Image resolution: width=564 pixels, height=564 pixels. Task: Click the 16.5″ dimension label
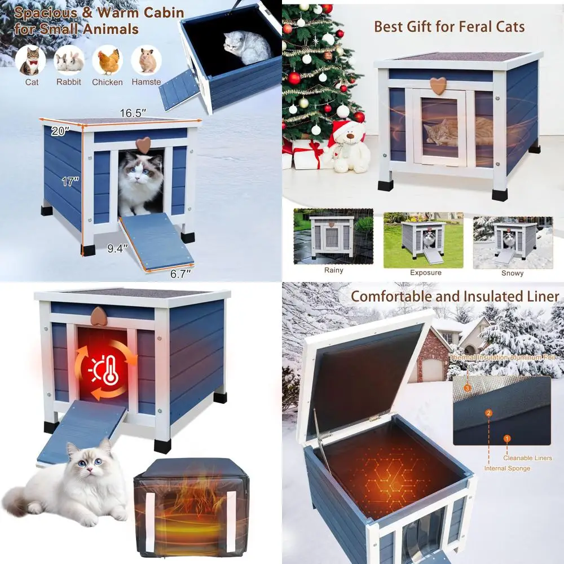point(133,113)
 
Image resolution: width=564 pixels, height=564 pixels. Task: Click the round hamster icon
point(147,60)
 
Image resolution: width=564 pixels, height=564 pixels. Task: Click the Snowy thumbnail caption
point(512,273)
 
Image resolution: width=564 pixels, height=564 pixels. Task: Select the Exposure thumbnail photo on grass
point(423,240)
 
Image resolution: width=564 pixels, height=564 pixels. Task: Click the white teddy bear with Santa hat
point(349,147)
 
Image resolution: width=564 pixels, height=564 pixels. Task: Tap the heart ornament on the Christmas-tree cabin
point(438,85)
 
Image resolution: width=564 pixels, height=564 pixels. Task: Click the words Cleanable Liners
point(528,458)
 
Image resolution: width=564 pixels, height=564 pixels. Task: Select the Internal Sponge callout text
point(507,468)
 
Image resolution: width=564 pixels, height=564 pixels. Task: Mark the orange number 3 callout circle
point(467,388)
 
